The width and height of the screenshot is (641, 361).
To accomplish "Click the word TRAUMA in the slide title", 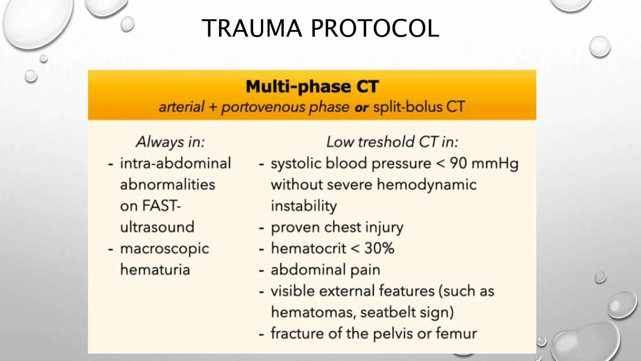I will [x=252, y=29].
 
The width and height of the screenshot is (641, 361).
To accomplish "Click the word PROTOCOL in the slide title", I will [x=375, y=29].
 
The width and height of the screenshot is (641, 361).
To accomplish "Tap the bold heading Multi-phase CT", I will [x=312, y=86].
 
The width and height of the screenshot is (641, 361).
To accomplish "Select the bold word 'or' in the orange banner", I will [x=361, y=108].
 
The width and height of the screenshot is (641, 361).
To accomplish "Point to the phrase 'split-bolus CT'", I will [x=419, y=107].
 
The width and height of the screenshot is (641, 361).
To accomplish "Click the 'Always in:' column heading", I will [x=170, y=142].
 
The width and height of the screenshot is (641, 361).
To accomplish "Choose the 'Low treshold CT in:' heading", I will [x=392, y=142].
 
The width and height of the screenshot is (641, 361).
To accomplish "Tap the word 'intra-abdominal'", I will [x=175, y=163].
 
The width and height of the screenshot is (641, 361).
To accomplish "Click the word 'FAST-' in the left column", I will [x=162, y=206].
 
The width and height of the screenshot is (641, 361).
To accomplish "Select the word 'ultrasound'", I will [x=157, y=227].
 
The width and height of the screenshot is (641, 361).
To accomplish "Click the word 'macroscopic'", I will [x=164, y=249].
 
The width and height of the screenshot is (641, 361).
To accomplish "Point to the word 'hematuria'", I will [x=155, y=270].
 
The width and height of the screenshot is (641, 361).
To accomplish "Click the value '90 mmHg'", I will [x=484, y=163].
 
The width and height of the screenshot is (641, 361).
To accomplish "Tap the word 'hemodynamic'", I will [x=427, y=185].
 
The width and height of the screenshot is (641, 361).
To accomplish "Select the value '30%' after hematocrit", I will [x=379, y=249].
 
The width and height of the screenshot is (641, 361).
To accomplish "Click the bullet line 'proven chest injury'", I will [x=337, y=228].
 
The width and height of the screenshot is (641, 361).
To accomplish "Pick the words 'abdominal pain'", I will [x=325, y=270].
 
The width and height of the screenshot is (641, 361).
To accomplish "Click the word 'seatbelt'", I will [x=388, y=312].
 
